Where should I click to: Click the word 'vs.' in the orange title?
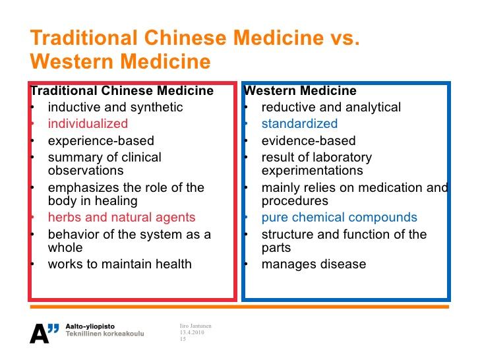click(345, 38)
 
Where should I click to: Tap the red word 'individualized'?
click(88, 124)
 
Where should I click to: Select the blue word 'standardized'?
click(299, 124)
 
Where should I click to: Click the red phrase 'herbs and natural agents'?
click(121, 218)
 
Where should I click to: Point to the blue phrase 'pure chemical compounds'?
click(339, 218)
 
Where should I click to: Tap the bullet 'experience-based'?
click(101, 141)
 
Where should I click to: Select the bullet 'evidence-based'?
click(309, 141)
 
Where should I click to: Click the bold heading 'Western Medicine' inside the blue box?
click(300, 90)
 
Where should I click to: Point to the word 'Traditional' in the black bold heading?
click(64, 90)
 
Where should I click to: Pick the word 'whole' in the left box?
click(65, 248)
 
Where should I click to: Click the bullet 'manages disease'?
click(314, 264)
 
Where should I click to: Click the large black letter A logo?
click(39, 334)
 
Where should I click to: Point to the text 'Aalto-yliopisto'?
click(90, 326)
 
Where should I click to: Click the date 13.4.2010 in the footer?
click(192, 332)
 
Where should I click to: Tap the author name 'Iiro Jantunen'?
click(196, 326)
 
